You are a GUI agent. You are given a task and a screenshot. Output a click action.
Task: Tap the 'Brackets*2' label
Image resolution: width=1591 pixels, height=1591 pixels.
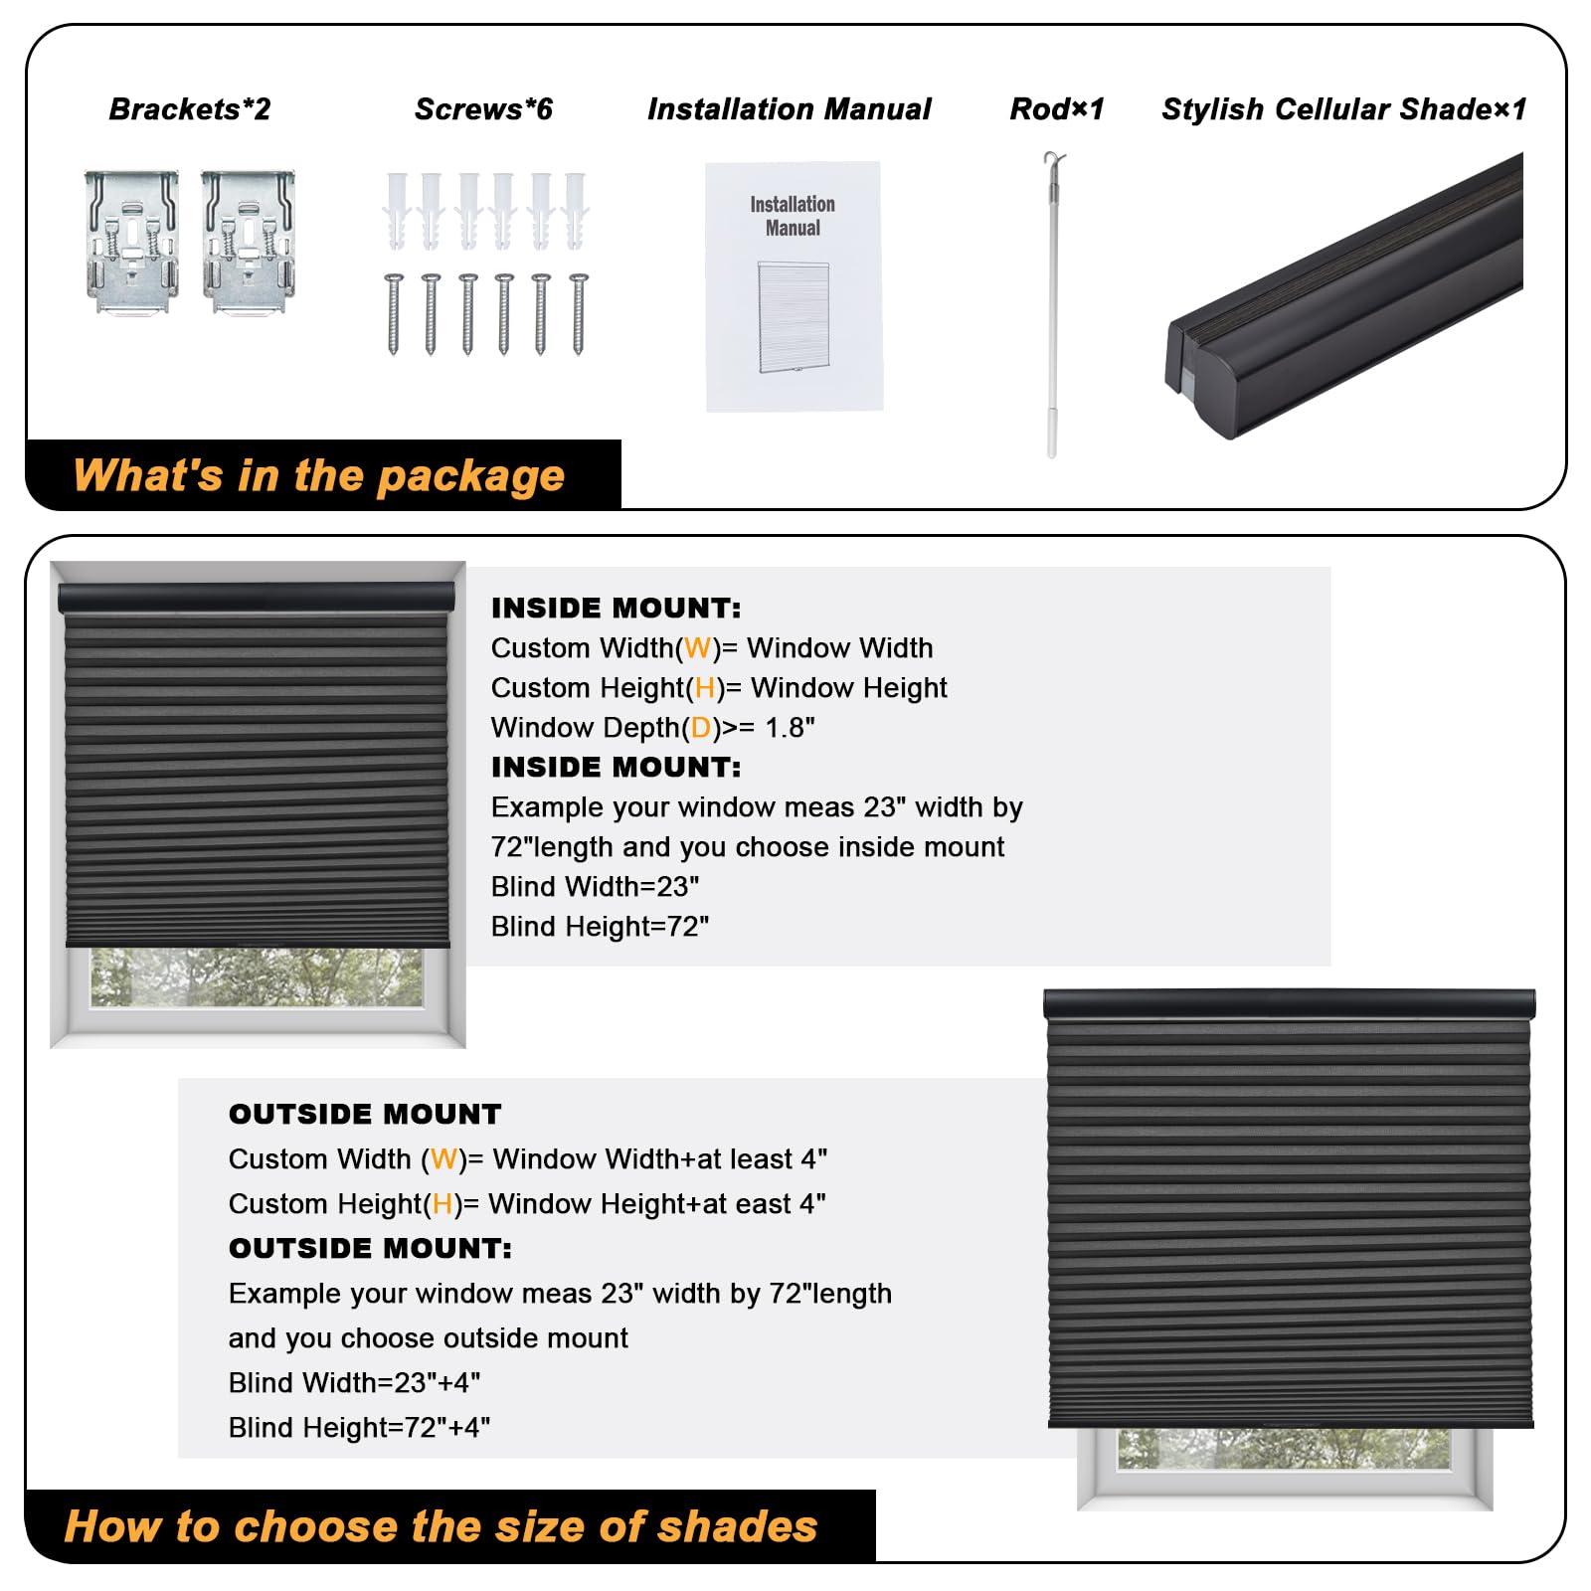(x=189, y=109)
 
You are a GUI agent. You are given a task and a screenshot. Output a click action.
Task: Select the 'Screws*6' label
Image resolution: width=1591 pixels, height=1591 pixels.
(x=483, y=109)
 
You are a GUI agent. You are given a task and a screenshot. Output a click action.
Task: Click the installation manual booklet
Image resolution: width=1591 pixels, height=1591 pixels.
(x=794, y=286)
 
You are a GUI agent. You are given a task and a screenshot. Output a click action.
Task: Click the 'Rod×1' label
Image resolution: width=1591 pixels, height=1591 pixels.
(x=1056, y=109)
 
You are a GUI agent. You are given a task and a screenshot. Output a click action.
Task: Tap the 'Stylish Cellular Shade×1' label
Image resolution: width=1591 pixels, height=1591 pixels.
(x=1343, y=109)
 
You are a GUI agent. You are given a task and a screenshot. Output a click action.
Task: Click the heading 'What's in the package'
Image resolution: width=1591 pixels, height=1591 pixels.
(x=318, y=475)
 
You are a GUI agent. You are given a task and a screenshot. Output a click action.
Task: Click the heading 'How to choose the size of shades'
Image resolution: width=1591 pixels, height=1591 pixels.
(x=441, y=1525)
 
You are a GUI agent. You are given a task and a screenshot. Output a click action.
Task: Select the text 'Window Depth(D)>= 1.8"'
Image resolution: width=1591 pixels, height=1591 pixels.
(x=652, y=728)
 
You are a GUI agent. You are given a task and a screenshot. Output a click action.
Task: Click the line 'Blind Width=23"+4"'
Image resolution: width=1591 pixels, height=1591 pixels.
(x=354, y=1383)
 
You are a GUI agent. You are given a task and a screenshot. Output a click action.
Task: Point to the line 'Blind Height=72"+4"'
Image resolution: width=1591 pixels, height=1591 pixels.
(x=359, y=1428)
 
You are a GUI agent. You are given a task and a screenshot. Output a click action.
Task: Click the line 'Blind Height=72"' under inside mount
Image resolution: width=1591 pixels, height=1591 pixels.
(x=600, y=927)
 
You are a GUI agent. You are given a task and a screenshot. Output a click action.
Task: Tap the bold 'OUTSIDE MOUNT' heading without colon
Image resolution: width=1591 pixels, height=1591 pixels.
(x=365, y=1114)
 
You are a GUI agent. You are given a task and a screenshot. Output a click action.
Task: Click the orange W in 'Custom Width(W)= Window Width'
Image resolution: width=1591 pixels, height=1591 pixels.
(x=697, y=648)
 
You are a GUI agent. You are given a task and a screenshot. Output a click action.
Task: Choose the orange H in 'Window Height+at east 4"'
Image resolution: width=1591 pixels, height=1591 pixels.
(x=442, y=1204)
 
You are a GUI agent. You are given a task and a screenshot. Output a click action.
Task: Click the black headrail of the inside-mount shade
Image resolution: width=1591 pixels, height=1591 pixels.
(x=257, y=598)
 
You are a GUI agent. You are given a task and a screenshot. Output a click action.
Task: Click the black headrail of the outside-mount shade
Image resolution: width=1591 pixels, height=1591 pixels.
(x=1289, y=1003)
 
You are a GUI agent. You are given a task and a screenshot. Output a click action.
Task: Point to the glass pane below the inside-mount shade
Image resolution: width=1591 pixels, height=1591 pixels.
(x=257, y=976)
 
